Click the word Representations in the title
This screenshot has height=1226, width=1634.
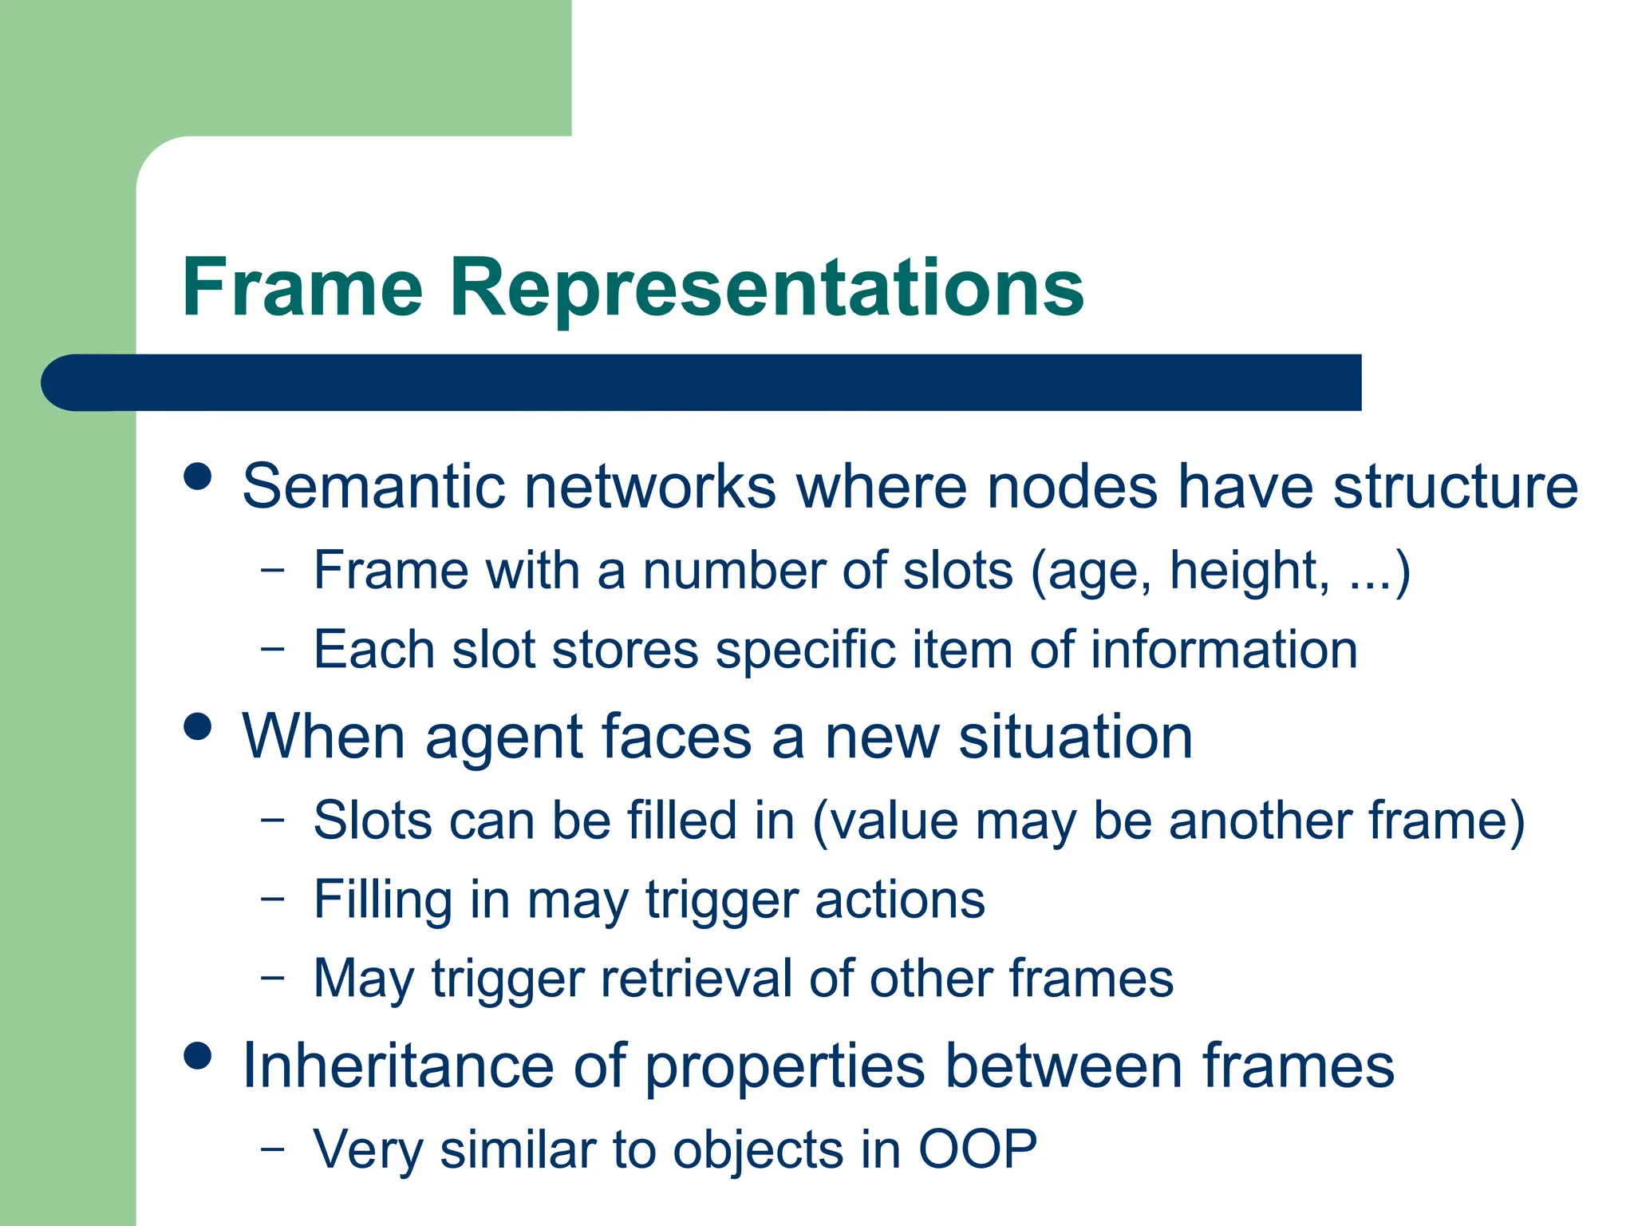(766, 289)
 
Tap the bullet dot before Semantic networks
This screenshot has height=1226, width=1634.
(197, 477)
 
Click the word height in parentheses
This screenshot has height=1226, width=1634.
(1249, 571)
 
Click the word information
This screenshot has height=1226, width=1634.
(1224, 649)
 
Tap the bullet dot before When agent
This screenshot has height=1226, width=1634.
(197, 726)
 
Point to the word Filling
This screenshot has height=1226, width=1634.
(383, 900)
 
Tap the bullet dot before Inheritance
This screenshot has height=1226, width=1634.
(197, 1055)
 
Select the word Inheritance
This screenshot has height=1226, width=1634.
(398, 1066)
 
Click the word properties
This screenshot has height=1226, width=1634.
(785, 1067)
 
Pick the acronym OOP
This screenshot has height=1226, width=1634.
(977, 1149)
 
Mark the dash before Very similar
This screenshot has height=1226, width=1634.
(272, 1149)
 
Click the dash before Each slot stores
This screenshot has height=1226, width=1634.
(272, 649)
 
